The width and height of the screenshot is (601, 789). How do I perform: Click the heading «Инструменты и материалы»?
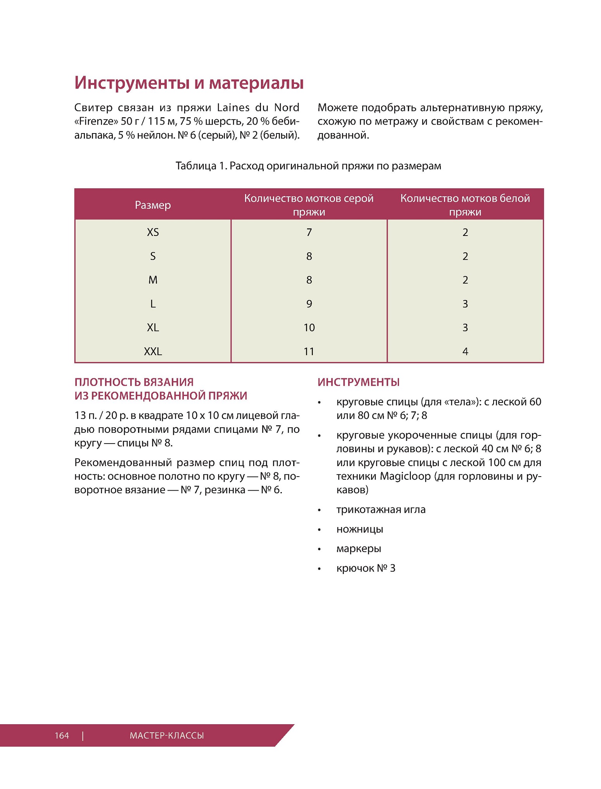189,83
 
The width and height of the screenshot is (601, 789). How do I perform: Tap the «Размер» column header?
153,205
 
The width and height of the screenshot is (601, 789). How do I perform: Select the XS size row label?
153,232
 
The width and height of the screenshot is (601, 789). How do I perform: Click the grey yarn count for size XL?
309,328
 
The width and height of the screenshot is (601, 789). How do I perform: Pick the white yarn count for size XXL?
465,351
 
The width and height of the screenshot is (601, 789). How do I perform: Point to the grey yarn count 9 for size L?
309,304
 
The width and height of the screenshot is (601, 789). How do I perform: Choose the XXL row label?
153,351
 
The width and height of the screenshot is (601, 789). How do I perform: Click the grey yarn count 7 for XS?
309,232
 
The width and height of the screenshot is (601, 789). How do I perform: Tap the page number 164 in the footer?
62,735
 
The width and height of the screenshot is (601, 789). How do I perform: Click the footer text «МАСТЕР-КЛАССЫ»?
167,735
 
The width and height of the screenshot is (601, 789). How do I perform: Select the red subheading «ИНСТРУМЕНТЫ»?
358,382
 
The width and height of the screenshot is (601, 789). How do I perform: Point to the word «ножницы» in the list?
359,529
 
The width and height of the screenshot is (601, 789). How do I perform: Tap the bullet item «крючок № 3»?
366,568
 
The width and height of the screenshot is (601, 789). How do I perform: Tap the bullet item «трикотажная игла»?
381,510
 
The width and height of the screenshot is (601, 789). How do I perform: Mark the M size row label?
153,280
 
